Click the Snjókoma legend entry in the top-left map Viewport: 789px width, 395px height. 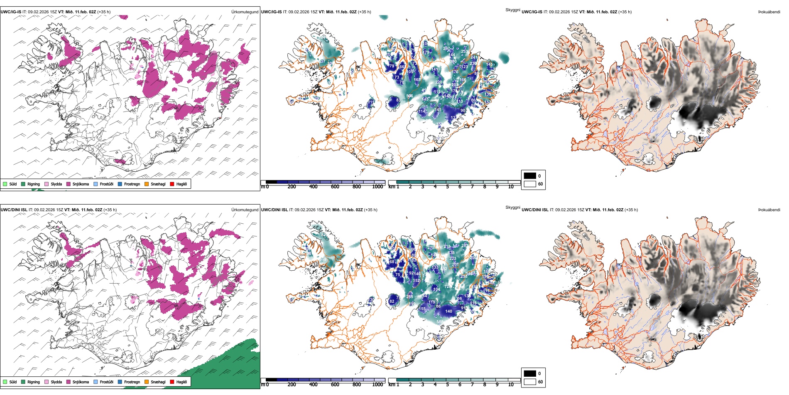click(x=81, y=184)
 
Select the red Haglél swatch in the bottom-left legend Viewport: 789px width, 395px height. click(x=172, y=382)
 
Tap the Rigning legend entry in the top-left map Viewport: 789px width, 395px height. click(x=33, y=184)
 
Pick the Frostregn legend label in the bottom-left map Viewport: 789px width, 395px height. click(x=132, y=382)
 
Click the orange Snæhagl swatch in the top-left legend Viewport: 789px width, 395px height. click(x=147, y=184)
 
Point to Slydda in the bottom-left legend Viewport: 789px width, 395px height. click(x=56, y=382)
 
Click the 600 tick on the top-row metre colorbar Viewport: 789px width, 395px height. click(x=335, y=187)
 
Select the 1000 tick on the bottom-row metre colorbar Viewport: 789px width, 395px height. click(x=377, y=385)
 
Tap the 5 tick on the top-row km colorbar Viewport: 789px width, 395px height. click(x=447, y=187)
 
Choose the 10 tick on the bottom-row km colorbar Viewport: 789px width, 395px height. click(x=511, y=385)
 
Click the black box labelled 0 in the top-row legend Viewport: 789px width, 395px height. click(x=530, y=176)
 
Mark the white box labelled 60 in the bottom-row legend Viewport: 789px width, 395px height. click(x=530, y=382)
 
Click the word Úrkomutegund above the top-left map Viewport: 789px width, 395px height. click(x=245, y=12)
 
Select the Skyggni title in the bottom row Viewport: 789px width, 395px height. click(x=512, y=207)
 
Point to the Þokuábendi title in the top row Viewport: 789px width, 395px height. click(x=769, y=12)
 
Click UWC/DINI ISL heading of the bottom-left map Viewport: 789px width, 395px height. click(x=14, y=210)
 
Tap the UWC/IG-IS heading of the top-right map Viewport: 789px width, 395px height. click(x=532, y=12)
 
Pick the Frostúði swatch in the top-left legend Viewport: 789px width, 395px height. click(x=96, y=184)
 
